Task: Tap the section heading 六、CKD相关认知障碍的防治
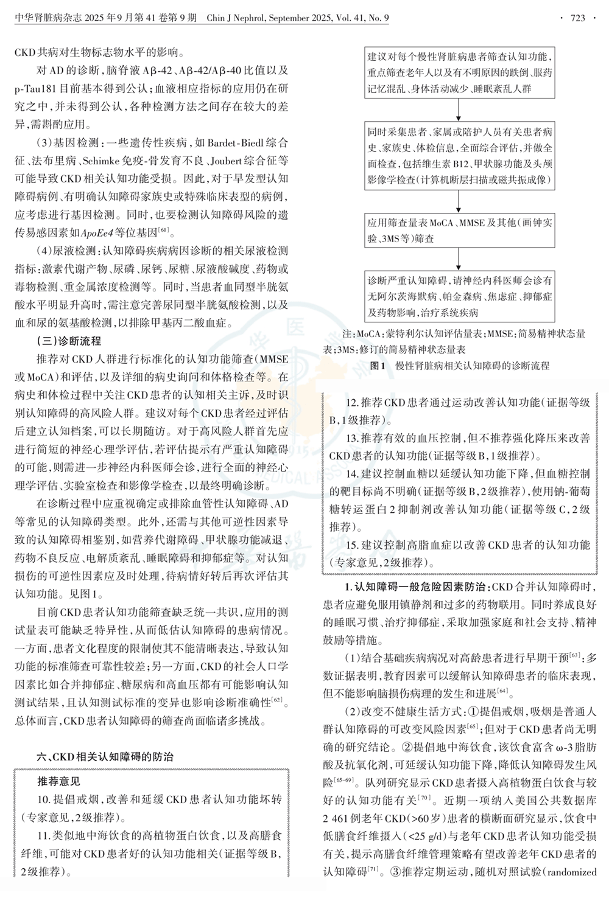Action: [x=105, y=757]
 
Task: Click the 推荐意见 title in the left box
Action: [x=58, y=781]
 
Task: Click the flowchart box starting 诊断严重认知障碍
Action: [x=460, y=296]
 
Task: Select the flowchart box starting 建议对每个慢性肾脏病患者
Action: [x=460, y=74]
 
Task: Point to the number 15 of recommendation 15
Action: [x=353, y=545]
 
